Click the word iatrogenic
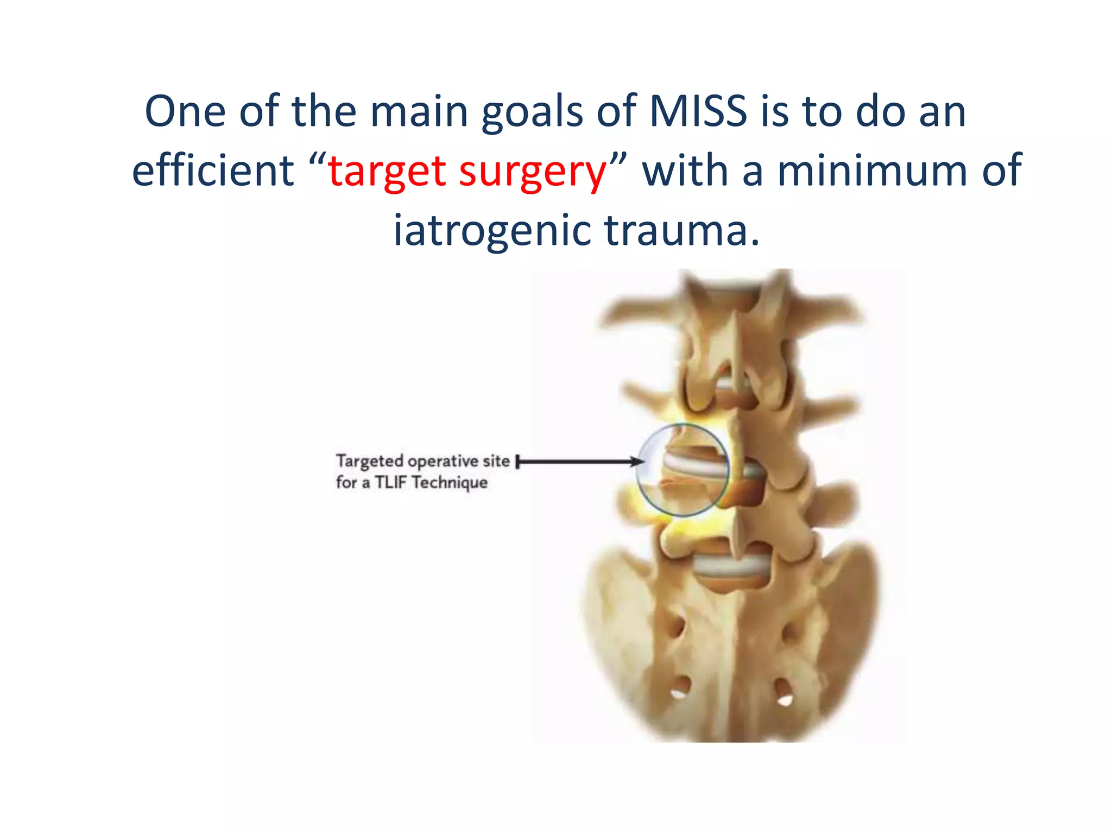[x=492, y=231]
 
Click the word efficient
[x=213, y=170]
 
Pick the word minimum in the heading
[x=873, y=170]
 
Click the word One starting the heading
[x=185, y=111]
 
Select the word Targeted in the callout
[x=369, y=462]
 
